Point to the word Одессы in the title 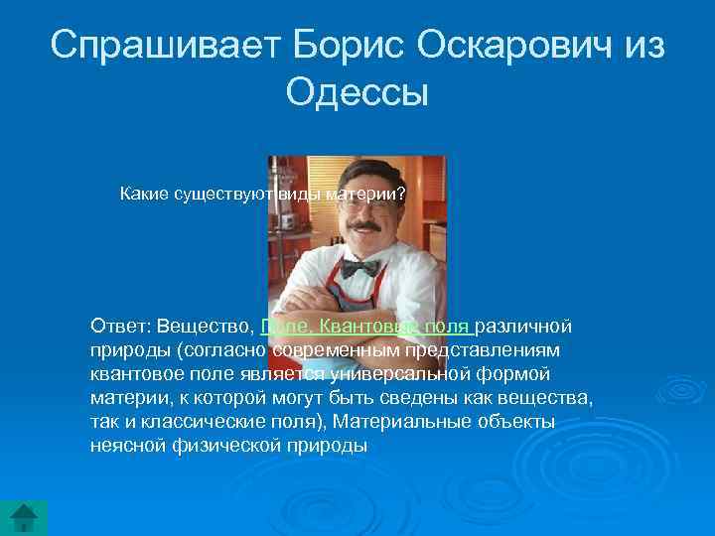(357, 93)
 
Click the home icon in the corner (24, 518)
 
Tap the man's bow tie (359, 268)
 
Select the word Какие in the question (144, 193)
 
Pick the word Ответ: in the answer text (118, 327)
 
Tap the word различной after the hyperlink (524, 327)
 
